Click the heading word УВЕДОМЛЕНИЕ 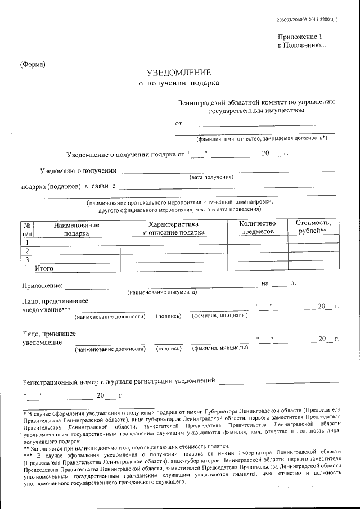179,73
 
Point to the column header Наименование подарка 76,228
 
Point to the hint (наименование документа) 161,292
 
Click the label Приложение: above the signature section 42,285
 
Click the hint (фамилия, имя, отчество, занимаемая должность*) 262,138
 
